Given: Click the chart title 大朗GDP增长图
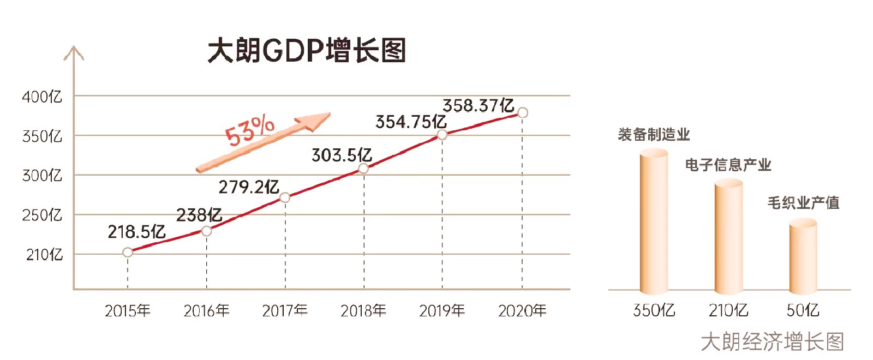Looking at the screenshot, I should coord(307,51).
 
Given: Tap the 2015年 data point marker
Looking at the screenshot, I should coord(128,252).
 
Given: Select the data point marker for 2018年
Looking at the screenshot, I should coord(363,169).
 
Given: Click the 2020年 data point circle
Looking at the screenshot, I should coord(522,113).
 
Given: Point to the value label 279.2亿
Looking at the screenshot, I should coord(249,187).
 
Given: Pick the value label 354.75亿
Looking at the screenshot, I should coord(411,122).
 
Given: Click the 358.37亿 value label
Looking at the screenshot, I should coord(478,105).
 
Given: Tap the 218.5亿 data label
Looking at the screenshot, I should coord(136,232).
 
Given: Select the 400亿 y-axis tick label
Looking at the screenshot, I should coord(42,97).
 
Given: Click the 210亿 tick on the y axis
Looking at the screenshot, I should coord(44,254).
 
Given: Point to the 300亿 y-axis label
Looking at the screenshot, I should coord(42,176).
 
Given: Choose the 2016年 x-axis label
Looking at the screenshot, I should coord(206,311).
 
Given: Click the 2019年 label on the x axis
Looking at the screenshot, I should coord(442,311).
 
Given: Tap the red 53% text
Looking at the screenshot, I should coord(250,130).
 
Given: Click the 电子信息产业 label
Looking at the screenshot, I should coord(728,165).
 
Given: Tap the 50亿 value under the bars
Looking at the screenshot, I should coord(803,310).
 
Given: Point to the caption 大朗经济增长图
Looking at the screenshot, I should coord(772,342).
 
